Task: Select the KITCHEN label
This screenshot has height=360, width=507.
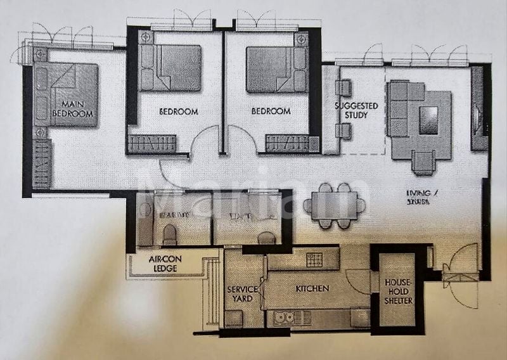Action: pos(312,288)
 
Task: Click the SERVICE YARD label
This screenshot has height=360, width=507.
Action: pos(242,293)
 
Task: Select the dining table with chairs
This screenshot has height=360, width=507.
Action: pos(335,205)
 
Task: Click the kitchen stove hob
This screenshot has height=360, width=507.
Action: pos(315,259)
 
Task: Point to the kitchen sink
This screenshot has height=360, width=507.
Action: pos(285,316)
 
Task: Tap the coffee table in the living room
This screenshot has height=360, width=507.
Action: pos(429,120)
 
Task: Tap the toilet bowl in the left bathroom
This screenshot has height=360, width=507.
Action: pos(170,236)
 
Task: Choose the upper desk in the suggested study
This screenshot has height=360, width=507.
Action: pos(343,88)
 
